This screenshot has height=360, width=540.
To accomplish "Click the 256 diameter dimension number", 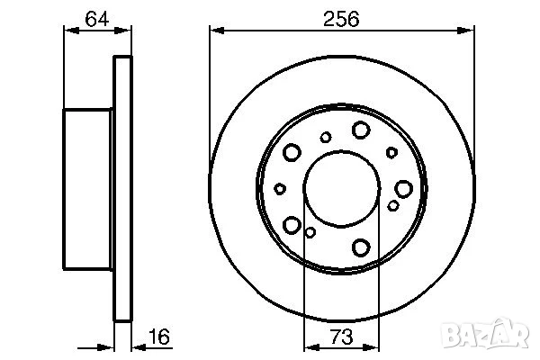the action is point(341,19).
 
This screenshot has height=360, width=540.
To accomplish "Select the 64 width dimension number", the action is point(97,19).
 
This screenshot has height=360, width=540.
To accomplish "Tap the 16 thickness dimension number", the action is point(159,337).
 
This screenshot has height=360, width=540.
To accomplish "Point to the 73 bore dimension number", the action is point(342,337).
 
